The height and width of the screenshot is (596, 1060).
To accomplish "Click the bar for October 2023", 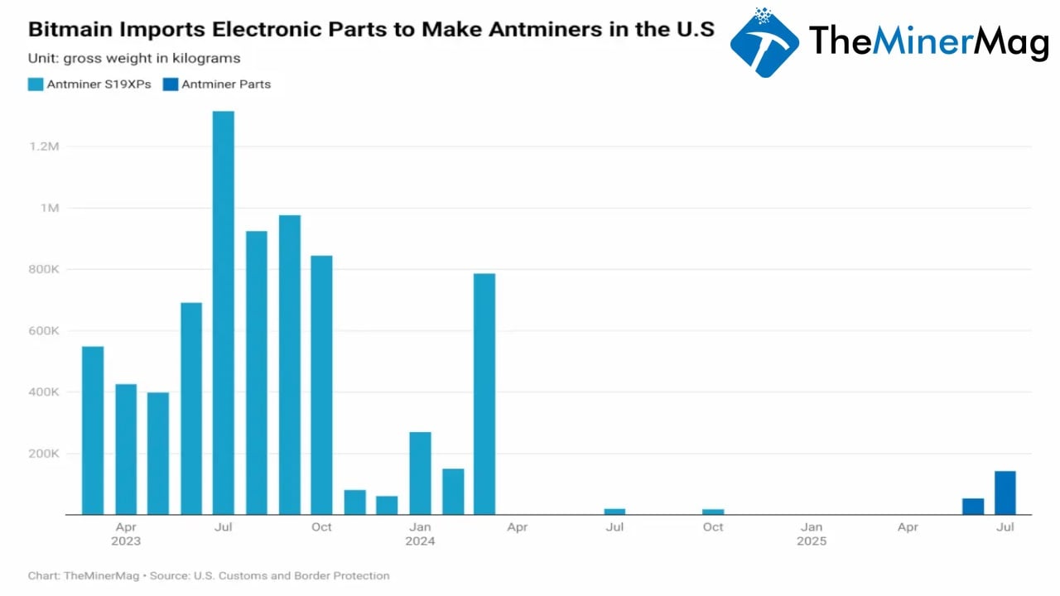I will click(x=321, y=385).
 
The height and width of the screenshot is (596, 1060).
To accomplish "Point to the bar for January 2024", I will click(x=420, y=473).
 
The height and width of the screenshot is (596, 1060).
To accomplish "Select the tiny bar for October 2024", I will click(x=713, y=512).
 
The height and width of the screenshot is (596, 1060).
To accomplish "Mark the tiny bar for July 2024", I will click(x=614, y=512).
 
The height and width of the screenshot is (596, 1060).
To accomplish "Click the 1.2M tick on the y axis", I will click(x=44, y=147).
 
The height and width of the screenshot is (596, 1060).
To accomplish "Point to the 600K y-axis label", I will click(x=43, y=331).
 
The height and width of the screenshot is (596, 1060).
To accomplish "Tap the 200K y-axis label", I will click(x=43, y=454).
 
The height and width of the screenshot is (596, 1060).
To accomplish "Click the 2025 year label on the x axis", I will click(x=812, y=541).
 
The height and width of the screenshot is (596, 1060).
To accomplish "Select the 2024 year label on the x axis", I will click(x=420, y=541).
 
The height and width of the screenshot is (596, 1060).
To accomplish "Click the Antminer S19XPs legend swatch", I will click(x=36, y=84).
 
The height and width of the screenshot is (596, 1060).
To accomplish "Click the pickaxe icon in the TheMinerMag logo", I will click(x=764, y=43).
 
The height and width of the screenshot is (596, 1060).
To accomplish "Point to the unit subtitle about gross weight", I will click(x=134, y=58).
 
